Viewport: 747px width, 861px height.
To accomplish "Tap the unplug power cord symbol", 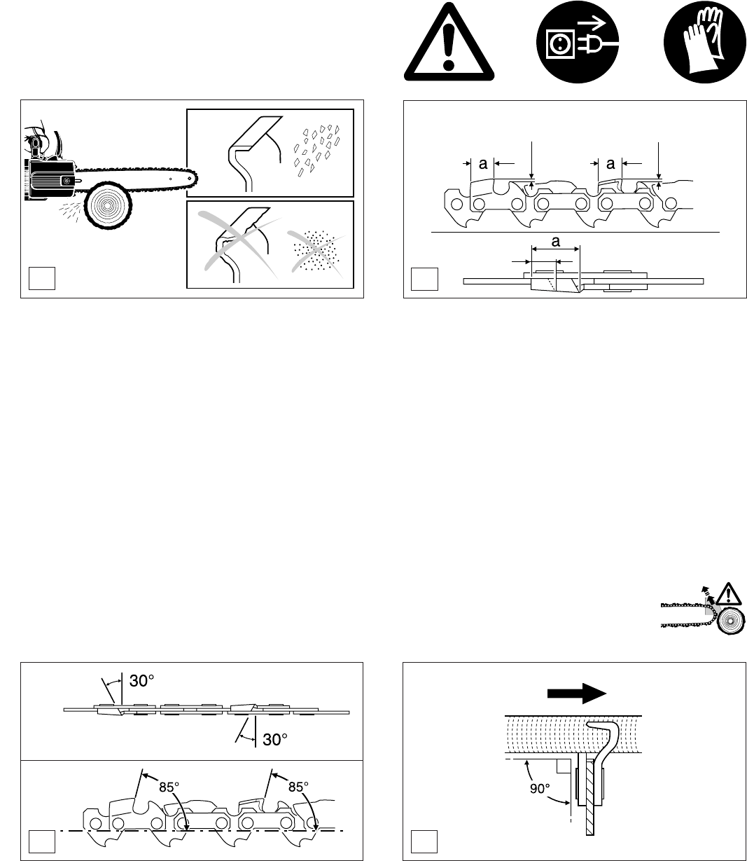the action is pos(577,42).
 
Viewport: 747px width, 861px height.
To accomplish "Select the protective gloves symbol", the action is pos(704,42).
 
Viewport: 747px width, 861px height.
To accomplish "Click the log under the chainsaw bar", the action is pos(108,206).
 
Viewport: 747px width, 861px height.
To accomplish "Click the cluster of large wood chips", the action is pos(316,149).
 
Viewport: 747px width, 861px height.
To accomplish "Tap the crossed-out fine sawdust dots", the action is pos(315,250).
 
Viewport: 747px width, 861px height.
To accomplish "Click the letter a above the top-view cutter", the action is pos(556,241).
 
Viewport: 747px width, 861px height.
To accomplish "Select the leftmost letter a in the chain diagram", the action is pos(484,163).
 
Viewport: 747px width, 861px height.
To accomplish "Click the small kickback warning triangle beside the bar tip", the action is pos(729,594).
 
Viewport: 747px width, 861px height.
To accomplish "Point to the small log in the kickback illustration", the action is pos(731,621).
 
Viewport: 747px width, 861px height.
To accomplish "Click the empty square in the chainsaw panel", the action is pos(42,278).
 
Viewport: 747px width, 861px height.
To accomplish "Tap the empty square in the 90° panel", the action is pos(424,841).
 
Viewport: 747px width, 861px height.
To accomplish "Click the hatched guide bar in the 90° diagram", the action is pos(589,799).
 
